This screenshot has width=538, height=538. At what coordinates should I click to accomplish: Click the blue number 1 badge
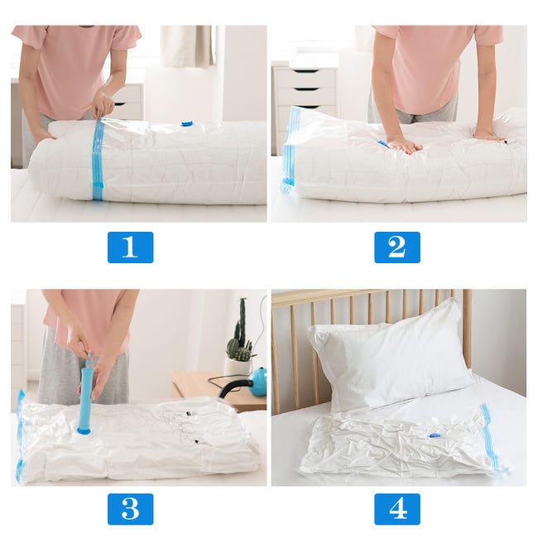[130, 247]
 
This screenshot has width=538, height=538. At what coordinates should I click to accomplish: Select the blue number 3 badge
[130, 508]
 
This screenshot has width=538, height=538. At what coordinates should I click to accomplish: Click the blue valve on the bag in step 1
[187, 124]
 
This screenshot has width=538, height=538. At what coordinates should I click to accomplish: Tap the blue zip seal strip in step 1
[98, 161]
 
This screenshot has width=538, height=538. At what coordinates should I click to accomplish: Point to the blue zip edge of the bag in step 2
[289, 149]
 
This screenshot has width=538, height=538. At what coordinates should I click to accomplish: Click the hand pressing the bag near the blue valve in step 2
[404, 144]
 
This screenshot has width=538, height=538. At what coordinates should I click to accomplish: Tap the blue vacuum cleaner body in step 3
[259, 382]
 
